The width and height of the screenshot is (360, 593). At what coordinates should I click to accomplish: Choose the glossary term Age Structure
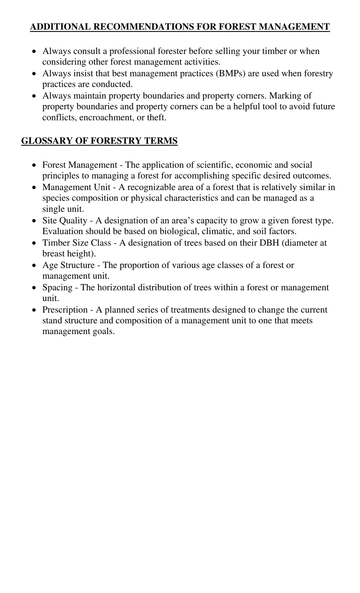(68, 265)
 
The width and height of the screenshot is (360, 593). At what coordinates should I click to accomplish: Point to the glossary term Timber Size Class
(77, 243)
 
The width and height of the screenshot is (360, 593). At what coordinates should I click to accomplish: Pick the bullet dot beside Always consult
(34, 51)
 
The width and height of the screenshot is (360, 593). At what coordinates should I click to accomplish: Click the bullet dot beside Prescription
(34, 310)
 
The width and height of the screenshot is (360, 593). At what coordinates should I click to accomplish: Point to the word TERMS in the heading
(160, 141)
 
